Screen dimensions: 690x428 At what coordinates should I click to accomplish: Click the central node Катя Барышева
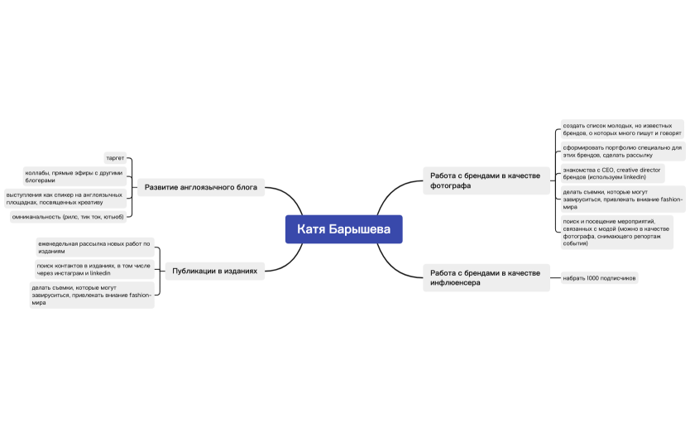pyautogui.click(x=343, y=229)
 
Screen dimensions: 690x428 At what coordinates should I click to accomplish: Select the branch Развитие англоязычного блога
pyautogui.click(x=201, y=187)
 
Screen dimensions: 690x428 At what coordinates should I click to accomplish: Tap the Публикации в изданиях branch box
pyautogui.click(x=215, y=271)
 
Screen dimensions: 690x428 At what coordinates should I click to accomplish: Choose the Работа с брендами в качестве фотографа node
pyautogui.click(x=486, y=180)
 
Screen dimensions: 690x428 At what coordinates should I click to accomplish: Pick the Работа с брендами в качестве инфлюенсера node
pyautogui.click(x=486, y=278)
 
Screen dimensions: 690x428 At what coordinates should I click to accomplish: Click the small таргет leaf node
pyautogui.click(x=115, y=157)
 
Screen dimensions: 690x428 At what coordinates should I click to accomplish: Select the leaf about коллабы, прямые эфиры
pyautogui.click(x=74, y=176)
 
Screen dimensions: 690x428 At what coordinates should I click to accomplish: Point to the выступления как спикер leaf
pyautogui.click(x=65, y=199)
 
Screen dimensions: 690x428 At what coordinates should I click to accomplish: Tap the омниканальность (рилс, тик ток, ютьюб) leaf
pyautogui.click(x=68, y=217)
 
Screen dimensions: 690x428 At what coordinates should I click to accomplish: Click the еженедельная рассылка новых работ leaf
pyautogui.click(x=95, y=247)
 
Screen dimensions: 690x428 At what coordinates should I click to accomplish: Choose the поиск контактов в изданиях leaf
pyautogui.click(x=94, y=269)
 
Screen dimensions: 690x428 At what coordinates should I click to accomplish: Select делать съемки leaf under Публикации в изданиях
pyautogui.click(x=92, y=295)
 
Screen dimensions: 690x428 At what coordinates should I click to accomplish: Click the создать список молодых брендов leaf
pyautogui.click(x=622, y=129)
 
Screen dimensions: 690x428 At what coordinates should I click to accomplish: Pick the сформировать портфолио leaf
pyautogui.click(x=623, y=151)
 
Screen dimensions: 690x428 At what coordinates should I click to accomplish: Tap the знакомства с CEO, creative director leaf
pyautogui.click(x=612, y=173)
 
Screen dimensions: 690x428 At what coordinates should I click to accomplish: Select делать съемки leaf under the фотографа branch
pyautogui.click(x=623, y=199)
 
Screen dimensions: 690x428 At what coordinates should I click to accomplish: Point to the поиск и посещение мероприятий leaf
pyautogui.click(x=617, y=232)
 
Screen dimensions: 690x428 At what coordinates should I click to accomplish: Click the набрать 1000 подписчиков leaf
pyautogui.click(x=599, y=278)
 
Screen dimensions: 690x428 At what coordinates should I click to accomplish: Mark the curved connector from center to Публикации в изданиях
pyautogui.click(x=289, y=262)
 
